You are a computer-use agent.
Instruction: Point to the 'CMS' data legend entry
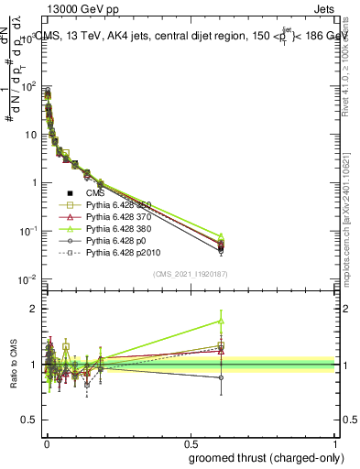coord(96,193)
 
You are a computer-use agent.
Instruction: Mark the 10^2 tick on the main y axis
coord(28,87)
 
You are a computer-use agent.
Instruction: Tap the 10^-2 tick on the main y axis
coord(28,279)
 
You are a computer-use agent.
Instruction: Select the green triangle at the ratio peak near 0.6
coord(221,321)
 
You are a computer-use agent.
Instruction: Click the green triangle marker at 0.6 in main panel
coord(221,236)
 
